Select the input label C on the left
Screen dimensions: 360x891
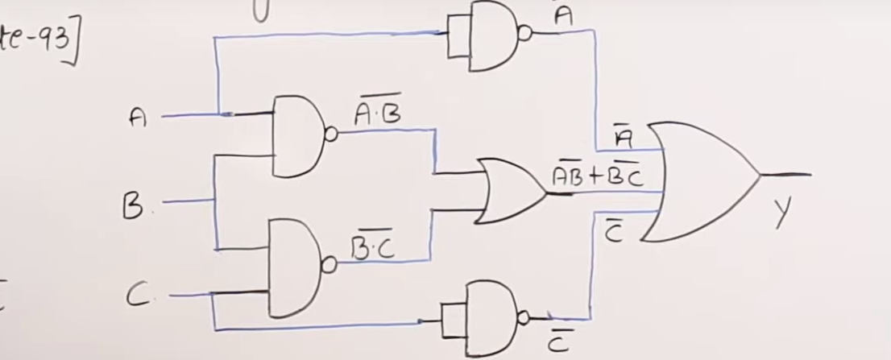pyautogui.click(x=138, y=296)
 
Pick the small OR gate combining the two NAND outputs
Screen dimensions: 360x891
pyautogui.click(x=511, y=190)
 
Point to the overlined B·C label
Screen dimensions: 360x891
pyautogui.click(x=372, y=250)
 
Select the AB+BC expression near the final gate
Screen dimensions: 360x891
pyautogui.click(x=597, y=176)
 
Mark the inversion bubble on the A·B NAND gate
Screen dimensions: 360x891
pyautogui.click(x=331, y=134)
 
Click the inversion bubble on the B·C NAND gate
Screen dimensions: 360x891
pyautogui.click(x=327, y=266)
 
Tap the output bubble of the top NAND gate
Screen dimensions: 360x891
pyautogui.click(x=525, y=34)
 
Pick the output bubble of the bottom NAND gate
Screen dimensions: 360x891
pyautogui.click(x=523, y=317)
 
